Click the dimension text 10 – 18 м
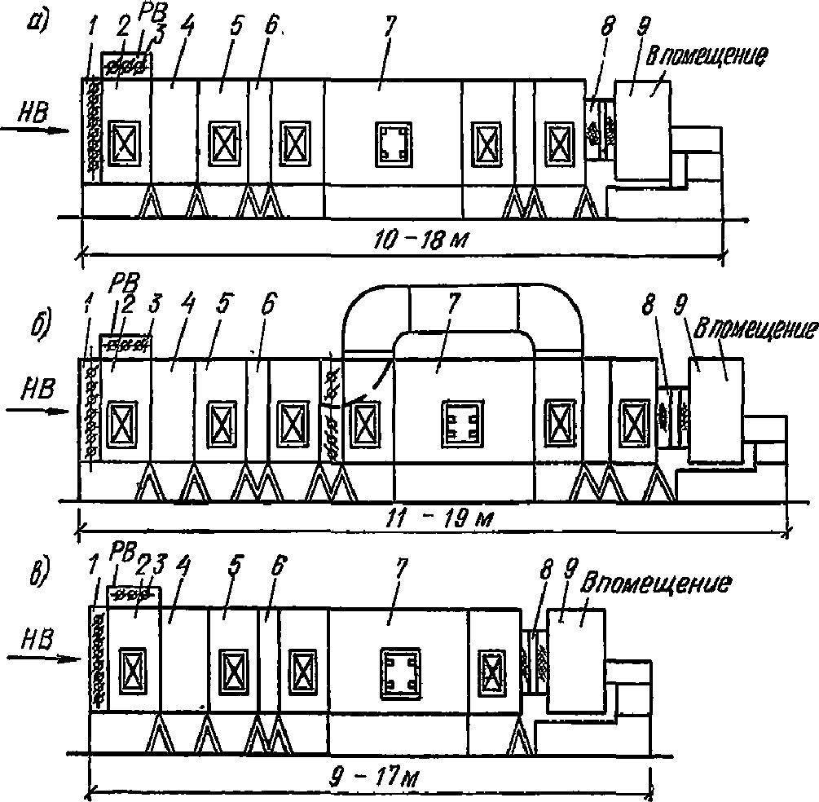point(421,240)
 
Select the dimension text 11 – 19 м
point(439,518)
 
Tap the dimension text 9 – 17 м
point(374,778)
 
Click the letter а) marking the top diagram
point(38,22)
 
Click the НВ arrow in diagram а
point(34,130)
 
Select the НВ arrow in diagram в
point(44,659)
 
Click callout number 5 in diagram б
point(223,304)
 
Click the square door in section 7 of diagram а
point(394,144)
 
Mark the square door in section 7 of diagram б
point(462,424)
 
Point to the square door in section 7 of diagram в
point(401,673)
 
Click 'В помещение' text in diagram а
point(707,56)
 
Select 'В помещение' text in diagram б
point(755,329)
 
